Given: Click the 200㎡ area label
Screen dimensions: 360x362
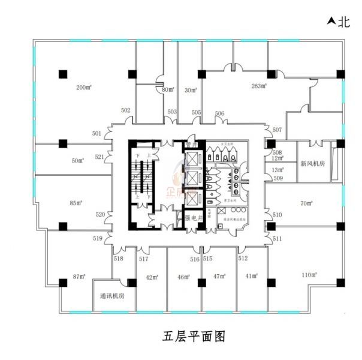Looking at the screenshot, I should [x=83, y=87].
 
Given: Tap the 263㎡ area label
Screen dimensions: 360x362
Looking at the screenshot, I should [x=259, y=86].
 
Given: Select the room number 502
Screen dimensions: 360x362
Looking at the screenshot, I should [x=126, y=110].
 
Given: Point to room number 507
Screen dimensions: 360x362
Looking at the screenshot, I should [x=277, y=130].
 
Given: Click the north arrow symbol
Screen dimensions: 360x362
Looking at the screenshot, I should [x=330, y=23].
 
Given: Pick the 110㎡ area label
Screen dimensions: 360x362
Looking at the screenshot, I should [x=309, y=275].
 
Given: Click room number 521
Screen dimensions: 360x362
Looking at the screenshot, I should [x=100, y=157].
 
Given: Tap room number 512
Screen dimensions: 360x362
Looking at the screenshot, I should [x=243, y=259].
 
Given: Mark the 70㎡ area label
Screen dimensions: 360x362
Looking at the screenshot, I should [x=306, y=204].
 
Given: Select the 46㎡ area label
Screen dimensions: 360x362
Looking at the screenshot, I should [x=183, y=277].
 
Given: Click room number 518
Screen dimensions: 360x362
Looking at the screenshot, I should [x=118, y=259].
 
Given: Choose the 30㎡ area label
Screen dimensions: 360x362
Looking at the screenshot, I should [x=191, y=91].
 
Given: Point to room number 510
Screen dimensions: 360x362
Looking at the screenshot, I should [x=277, y=215].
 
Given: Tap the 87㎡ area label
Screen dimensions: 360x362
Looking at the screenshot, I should [x=79, y=277].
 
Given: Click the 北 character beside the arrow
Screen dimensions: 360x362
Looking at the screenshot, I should [x=343, y=23].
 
